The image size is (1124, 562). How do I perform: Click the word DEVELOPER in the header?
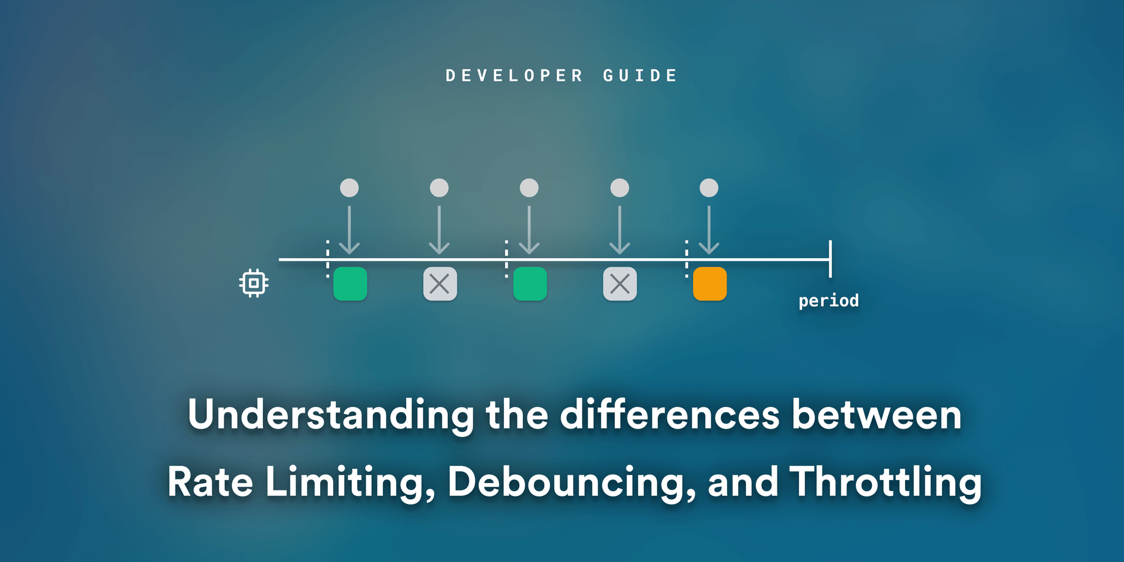point(514,76)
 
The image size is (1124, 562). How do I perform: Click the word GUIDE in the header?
point(640,76)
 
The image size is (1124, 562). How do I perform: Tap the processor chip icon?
point(253,283)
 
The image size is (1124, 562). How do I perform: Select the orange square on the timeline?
point(710,284)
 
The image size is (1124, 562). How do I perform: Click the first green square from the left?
point(350,284)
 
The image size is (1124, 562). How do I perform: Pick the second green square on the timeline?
point(530,284)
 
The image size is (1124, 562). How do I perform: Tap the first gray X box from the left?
point(440,284)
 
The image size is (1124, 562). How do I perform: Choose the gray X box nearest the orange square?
point(620,284)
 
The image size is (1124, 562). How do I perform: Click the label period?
point(828,301)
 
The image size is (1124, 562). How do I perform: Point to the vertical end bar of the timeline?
point(830,259)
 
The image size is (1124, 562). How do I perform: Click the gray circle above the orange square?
point(709,188)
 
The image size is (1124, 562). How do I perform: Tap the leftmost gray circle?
point(349,188)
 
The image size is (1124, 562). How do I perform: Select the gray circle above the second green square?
point(529,188)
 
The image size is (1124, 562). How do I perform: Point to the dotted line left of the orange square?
point(687,259)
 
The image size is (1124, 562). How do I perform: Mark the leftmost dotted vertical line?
point(328,259)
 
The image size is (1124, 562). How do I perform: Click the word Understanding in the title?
point(331,414)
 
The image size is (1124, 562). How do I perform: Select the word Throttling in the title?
point(885,482)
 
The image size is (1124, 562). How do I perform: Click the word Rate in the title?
point(210,482)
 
